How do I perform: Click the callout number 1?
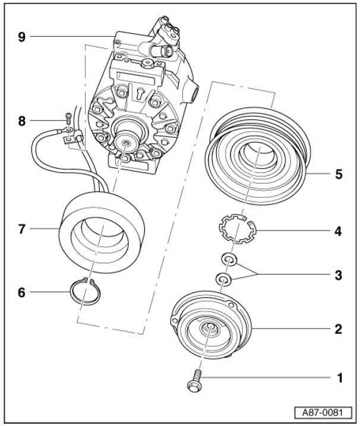pos(339,377)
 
